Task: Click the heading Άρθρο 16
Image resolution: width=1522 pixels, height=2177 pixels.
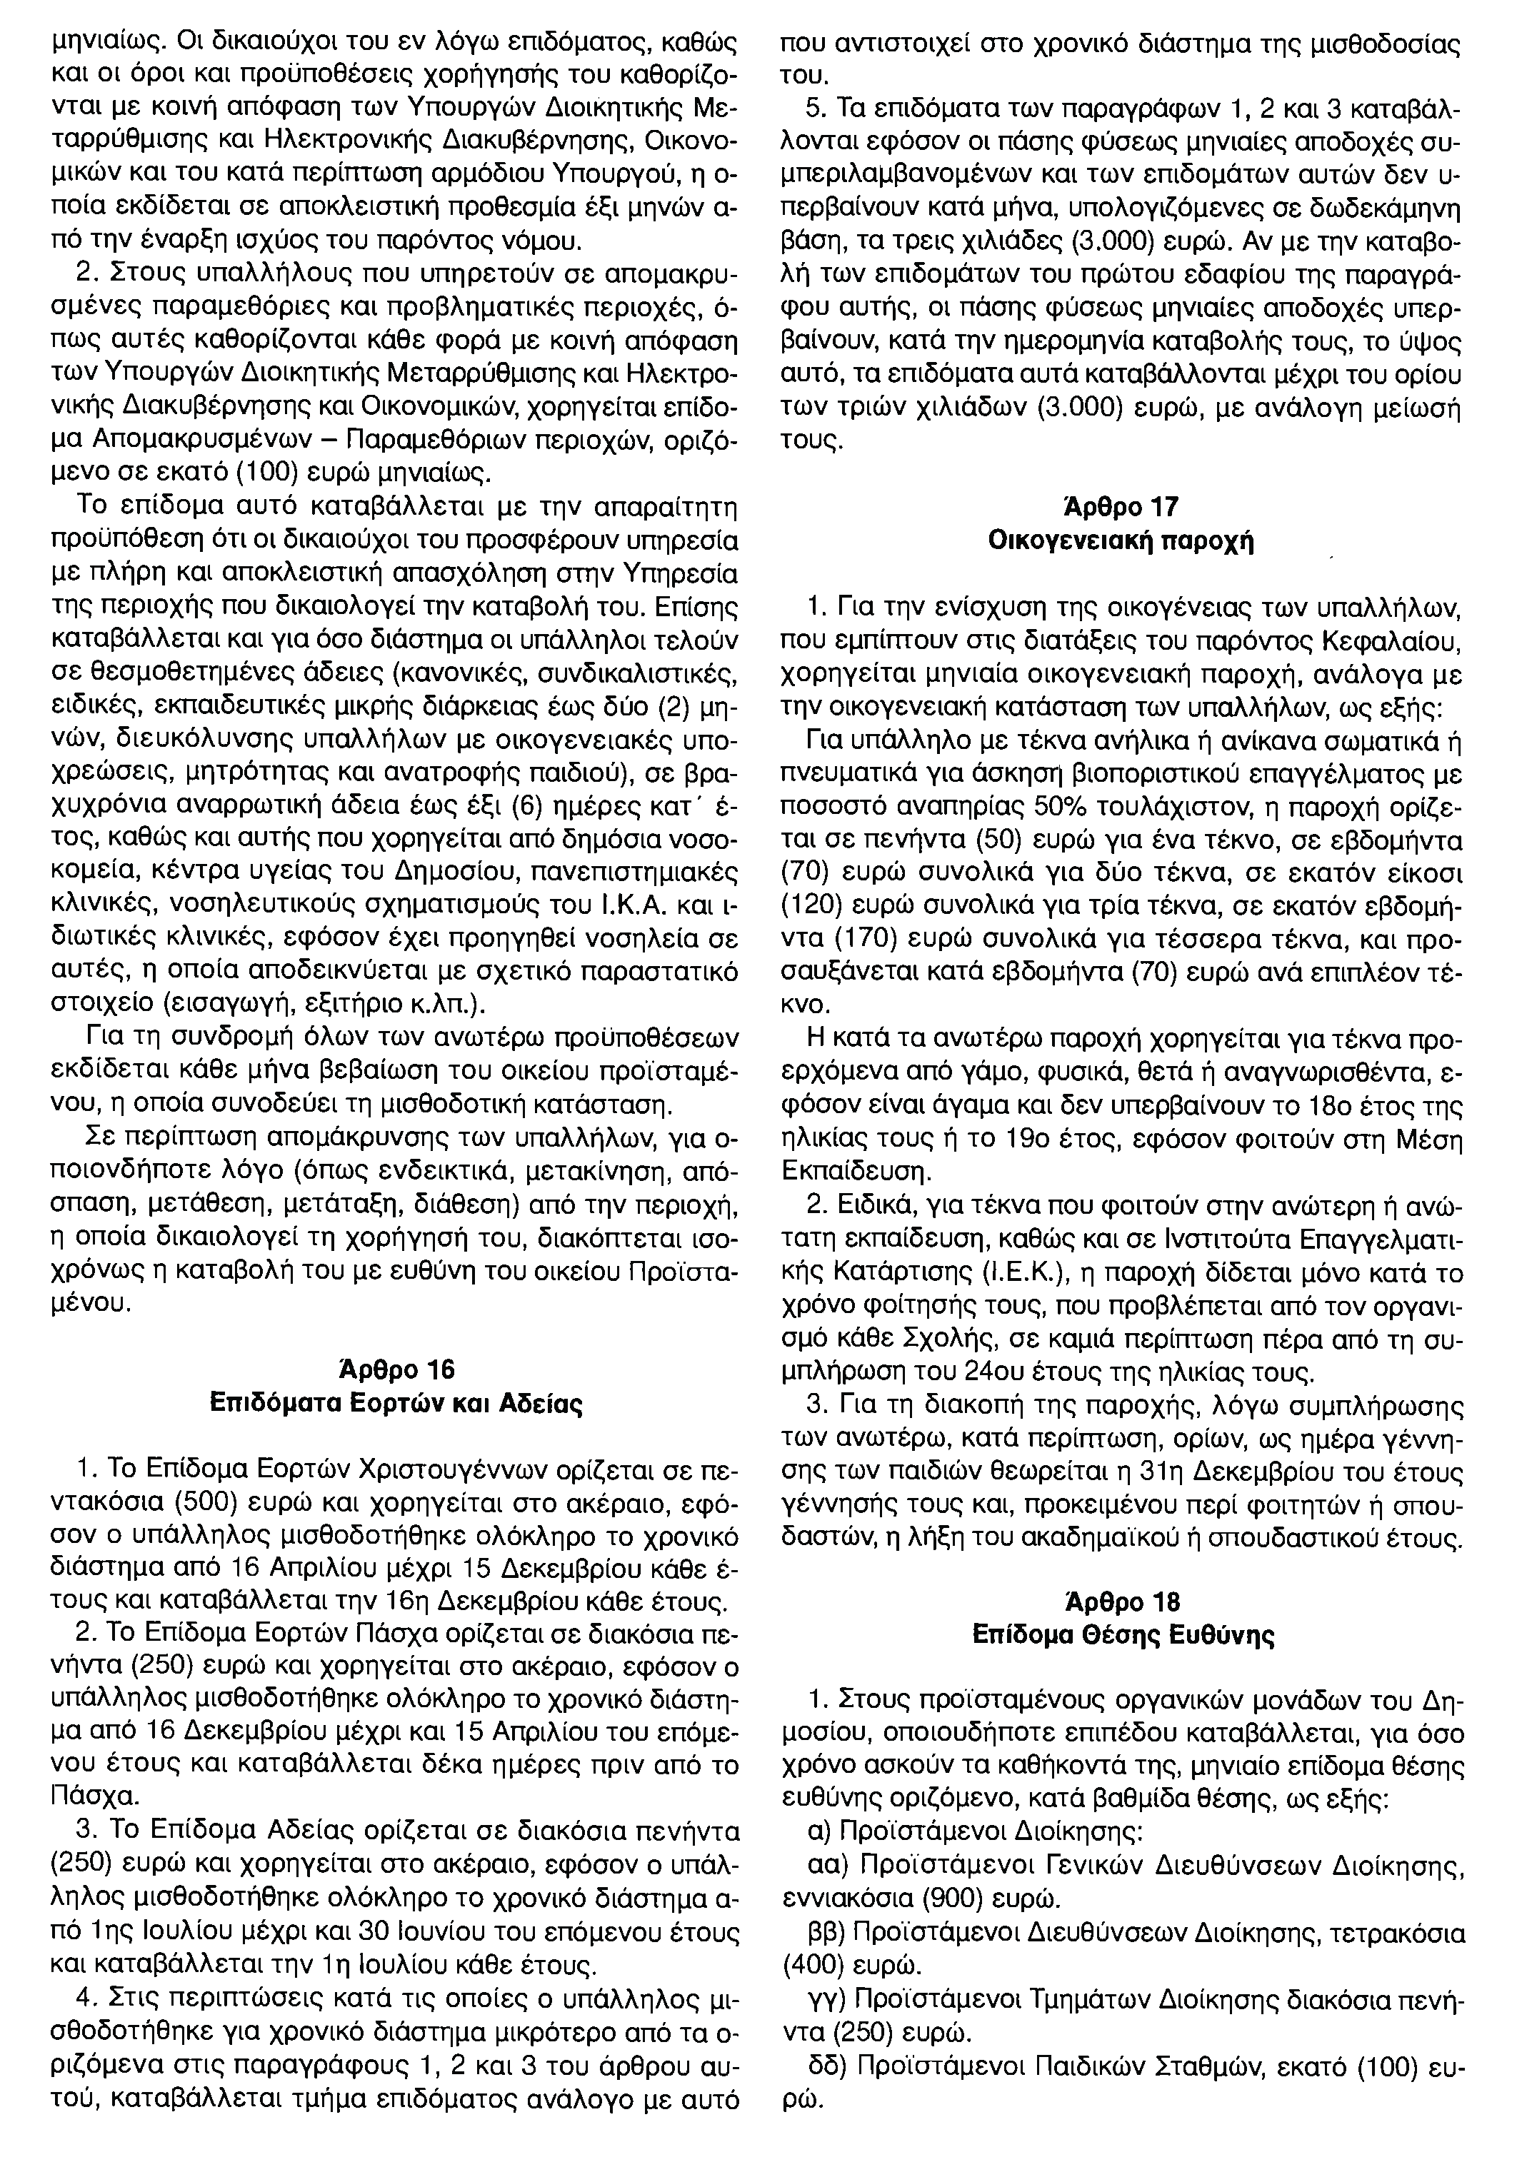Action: [396, 1370]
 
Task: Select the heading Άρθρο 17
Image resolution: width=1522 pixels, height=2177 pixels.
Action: [1121, 507]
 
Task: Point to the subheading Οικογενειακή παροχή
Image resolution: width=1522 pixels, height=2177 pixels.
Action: [1121, 543]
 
